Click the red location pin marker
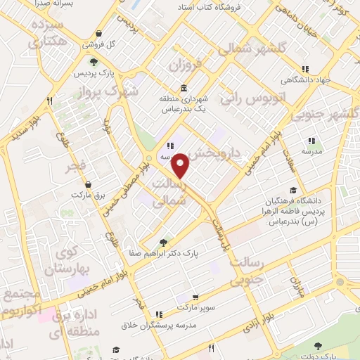pos(181,165)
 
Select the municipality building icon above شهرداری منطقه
pos(183,88)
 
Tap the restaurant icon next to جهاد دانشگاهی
pos(305,69)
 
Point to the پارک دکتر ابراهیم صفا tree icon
pos(165,240)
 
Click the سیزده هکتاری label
pos(47,34)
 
